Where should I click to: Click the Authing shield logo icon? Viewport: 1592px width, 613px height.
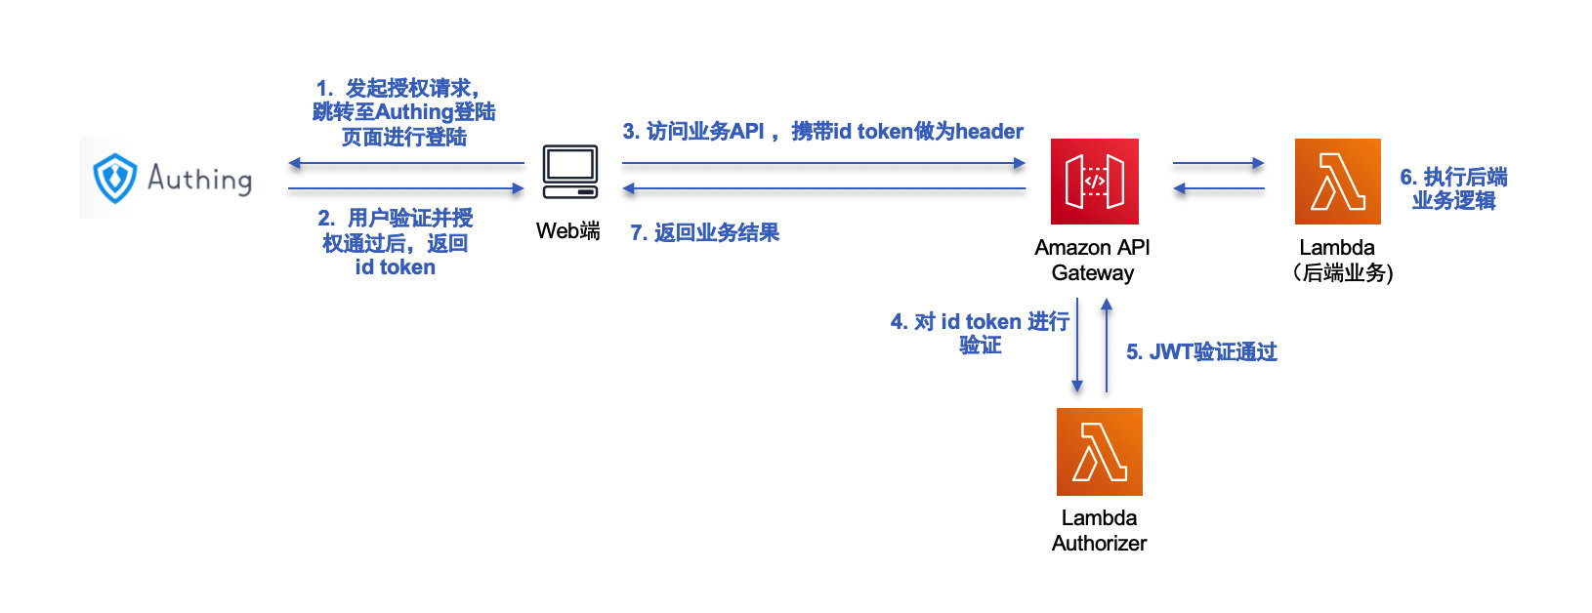114,178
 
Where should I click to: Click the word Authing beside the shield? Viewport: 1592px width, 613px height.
200,179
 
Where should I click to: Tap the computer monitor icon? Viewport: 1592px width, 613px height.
570,172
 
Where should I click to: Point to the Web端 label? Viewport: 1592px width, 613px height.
567,231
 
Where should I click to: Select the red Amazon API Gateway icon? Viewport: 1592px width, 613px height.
1094,182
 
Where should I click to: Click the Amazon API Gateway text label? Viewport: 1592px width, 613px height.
1092,261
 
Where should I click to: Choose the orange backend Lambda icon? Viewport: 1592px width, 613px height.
1337,182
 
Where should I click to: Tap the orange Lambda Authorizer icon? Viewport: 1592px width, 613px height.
1099,452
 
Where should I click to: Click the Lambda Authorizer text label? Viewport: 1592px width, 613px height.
1099,530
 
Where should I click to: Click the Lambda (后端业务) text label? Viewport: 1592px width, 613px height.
1341,261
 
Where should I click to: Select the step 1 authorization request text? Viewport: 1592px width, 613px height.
403,112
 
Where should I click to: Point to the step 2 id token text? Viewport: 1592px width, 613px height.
396,242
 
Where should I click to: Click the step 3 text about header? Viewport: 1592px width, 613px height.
822,132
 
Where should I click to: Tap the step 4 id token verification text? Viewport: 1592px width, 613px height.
980,333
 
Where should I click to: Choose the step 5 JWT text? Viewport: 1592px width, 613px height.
1201,352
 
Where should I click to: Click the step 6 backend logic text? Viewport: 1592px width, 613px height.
1453,188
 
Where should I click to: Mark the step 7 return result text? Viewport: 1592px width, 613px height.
704,232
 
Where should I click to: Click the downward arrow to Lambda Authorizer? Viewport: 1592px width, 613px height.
1077,347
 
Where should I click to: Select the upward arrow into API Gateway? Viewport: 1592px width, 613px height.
1107,347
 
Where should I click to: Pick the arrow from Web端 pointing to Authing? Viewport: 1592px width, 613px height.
406,163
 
